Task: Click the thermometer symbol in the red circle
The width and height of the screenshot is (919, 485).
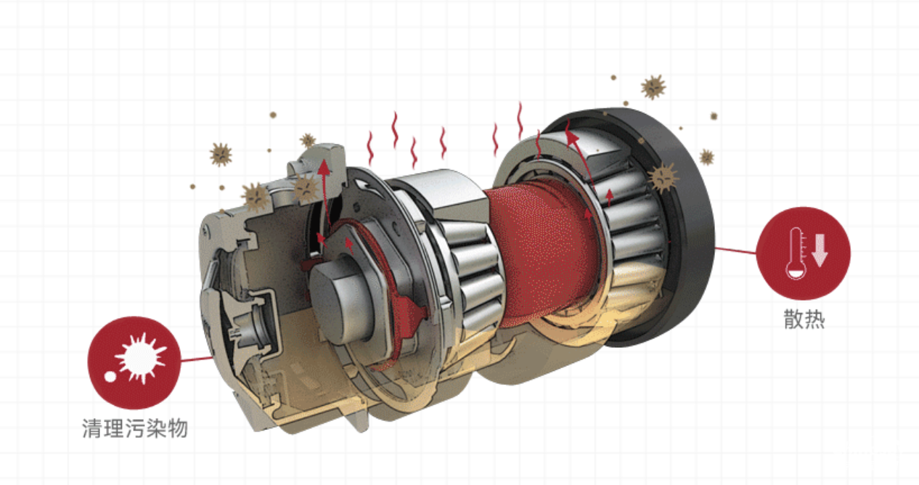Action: pos(796,253)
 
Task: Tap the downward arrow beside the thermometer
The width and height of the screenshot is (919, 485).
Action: pos(820,250)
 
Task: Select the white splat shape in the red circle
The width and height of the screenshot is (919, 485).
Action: pos(140,358)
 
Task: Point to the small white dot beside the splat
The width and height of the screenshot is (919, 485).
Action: pos(110,377)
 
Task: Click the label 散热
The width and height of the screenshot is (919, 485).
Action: pos(804,319)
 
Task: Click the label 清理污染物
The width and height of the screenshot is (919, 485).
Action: pos(135,428)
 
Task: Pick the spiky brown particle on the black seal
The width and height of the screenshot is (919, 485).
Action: pos(663,177)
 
